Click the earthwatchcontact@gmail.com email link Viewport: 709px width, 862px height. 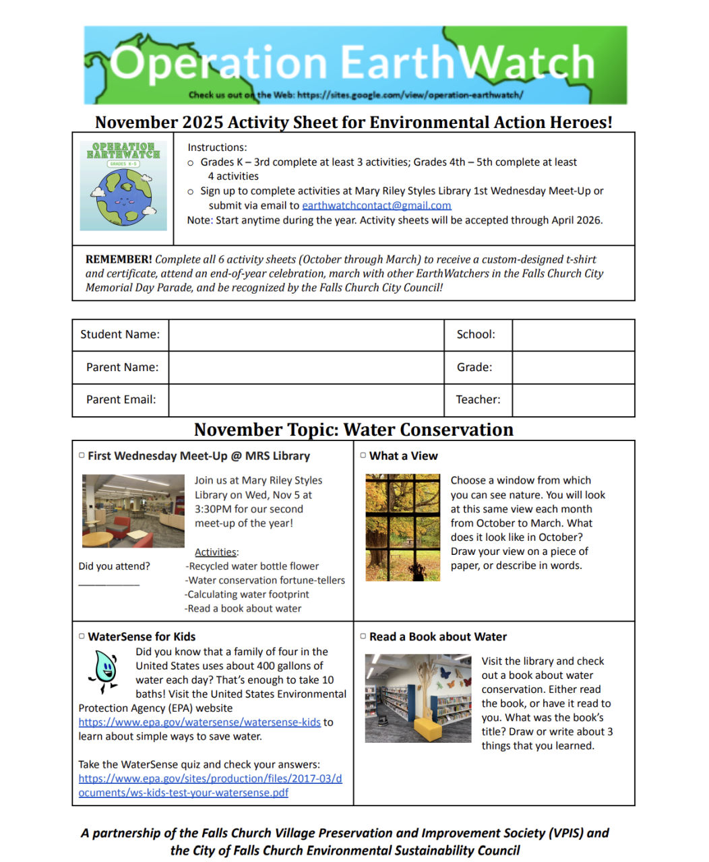[376, 205]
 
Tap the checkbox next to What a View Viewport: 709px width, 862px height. [363, 456]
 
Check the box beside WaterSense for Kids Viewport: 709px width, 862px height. [82, 636]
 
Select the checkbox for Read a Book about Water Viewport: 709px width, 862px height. [363, 636]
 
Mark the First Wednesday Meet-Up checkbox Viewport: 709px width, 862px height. [82, 456]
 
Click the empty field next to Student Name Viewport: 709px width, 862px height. [306, 335]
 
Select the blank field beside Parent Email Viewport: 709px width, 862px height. [306, 400]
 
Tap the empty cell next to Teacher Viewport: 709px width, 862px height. [573, 400]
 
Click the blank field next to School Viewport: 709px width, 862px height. [573, 335]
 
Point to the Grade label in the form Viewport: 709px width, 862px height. [474, 367]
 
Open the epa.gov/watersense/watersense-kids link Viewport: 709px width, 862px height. [199, 722]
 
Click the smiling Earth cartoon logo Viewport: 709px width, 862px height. [123, 187]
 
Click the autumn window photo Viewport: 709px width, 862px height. [402, 527]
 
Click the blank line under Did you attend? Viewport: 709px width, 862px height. [109, 583]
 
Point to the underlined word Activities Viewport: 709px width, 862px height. [216, 552]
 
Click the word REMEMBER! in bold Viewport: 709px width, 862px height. [119, 259]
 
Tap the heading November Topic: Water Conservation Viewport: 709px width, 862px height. [354, 430]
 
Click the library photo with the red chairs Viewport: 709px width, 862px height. [133, 510]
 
